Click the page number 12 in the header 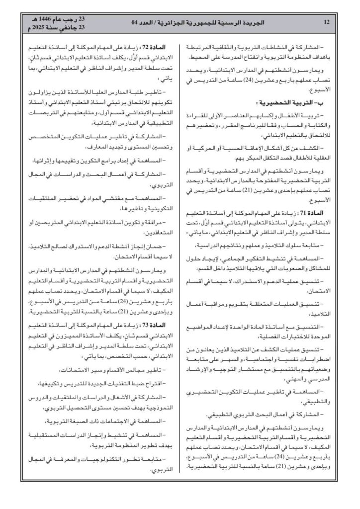pos(326,22)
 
